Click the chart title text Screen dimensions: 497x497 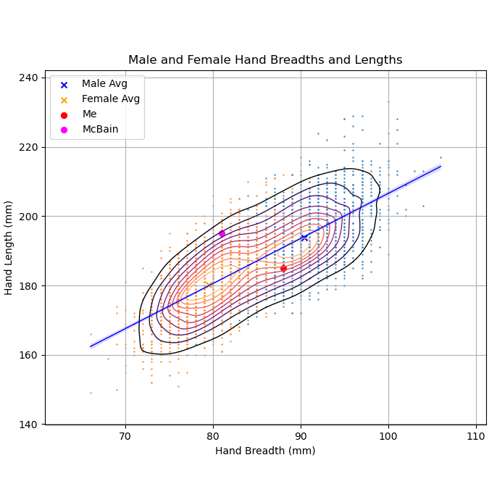tap(265, 60)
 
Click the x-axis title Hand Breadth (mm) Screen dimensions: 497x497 tap(265, 451)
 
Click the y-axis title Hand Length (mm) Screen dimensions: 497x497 tap(9, 247)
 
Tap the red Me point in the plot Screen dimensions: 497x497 tap(283, 268)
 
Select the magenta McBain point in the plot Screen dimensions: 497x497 tap(222, 233)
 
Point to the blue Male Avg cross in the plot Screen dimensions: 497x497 tap(304, 237)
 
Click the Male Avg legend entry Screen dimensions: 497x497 tap(104, 84)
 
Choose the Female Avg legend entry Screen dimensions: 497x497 tap(110, 99)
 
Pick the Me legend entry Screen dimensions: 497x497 tap(89, 114)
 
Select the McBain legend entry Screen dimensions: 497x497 tap(100, 130)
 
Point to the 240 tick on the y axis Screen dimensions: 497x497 tap(32, 78)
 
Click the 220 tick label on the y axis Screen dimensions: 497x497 tap(32, 147)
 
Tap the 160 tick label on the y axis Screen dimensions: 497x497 tap(32, 355)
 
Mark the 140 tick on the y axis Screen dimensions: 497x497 tap(32, 425)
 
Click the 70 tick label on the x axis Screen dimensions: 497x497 tap(125, 437)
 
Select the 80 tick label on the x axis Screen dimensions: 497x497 tap(213, 437)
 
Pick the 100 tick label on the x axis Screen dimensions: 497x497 tap(388, 437)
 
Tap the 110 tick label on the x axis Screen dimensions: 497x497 tap(476, 437)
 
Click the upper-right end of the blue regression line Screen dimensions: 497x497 tap(440, 166)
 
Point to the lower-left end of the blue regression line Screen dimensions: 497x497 tap(91, 346)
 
